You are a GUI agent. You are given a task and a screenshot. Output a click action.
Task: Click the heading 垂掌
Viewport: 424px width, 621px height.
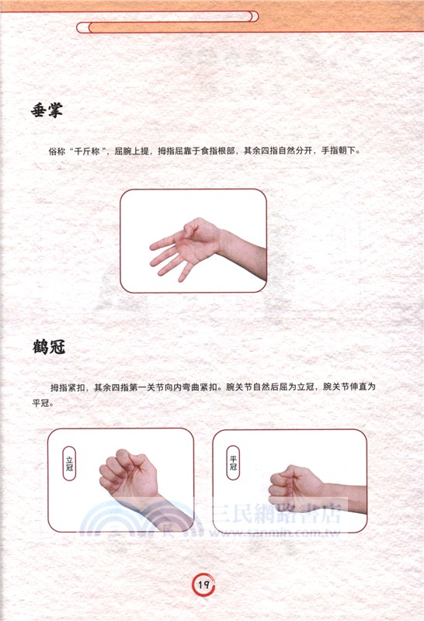pos(47,111)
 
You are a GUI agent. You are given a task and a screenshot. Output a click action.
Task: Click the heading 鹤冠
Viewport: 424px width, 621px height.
pos(49,346)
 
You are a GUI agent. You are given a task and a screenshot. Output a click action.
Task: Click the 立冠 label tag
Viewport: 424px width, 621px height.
pos(69,463)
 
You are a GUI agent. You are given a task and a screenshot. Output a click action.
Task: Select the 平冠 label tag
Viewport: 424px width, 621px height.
pos(233,463)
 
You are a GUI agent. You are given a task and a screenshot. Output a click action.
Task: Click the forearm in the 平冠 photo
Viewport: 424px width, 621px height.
pos(346,498)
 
